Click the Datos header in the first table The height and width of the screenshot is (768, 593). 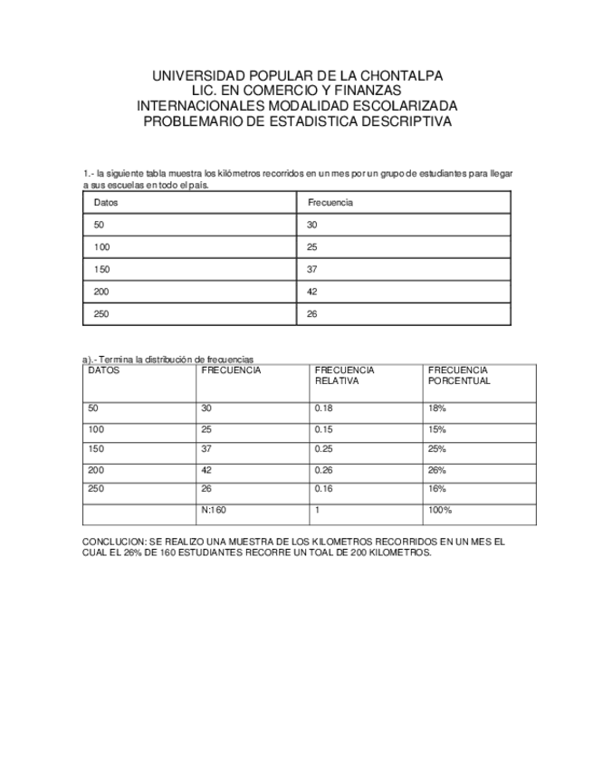click(106, 203)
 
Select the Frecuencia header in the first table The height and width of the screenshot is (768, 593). click(330, 203)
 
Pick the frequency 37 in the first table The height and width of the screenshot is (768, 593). click(312, 270)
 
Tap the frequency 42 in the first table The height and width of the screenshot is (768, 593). click(312, 292)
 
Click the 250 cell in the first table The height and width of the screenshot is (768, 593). click(100, 314)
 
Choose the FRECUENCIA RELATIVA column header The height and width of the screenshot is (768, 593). click(344, 376)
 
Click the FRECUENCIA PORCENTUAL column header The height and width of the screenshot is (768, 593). click(459, 376)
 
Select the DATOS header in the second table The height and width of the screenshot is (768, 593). click(103, 370)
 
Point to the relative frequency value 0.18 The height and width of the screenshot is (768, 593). click(323, 408)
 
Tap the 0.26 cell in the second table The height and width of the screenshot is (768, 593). click(323, 470)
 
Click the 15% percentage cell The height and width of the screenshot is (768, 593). click(437, 429)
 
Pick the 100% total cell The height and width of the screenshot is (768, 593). click(440, 511)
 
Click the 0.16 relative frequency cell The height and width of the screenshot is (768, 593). click(323, 489)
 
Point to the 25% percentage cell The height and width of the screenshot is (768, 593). click(437, 449)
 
